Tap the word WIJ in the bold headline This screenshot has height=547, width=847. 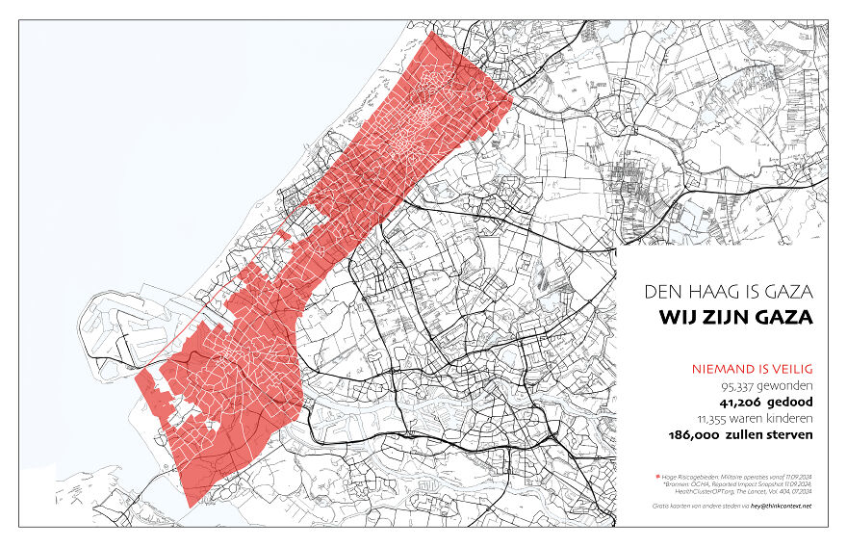pyautogui.click(x=680, y=317)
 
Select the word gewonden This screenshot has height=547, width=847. pyautogui.click(x=783, y=386)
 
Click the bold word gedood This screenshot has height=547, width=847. pyautogui.click(x=788, y=403)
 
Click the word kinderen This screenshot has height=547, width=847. pyautogui.click(x=788, y=419)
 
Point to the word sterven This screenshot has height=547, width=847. pyautogui.click(x=789, y=435)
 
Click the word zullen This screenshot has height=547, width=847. pyautogui.click(x=748, y=435)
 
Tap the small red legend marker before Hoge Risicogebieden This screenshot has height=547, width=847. pyautogui.click(x=656, y=477)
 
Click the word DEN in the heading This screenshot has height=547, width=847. pyautogui.click(x=663, y=290)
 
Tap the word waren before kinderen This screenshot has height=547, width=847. pyautogui.click(x=748, y=419)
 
